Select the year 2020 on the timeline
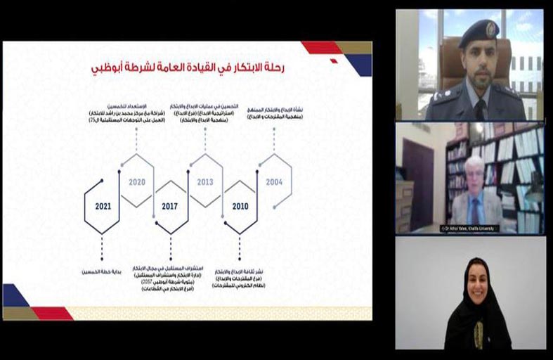(136, 182)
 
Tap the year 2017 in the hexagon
(170, 207)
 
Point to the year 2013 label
(205, 182)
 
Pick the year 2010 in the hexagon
(240, 207)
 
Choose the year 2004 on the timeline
(274, 182)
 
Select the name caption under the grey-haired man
(470, 229)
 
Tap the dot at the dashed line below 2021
(101, 258)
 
